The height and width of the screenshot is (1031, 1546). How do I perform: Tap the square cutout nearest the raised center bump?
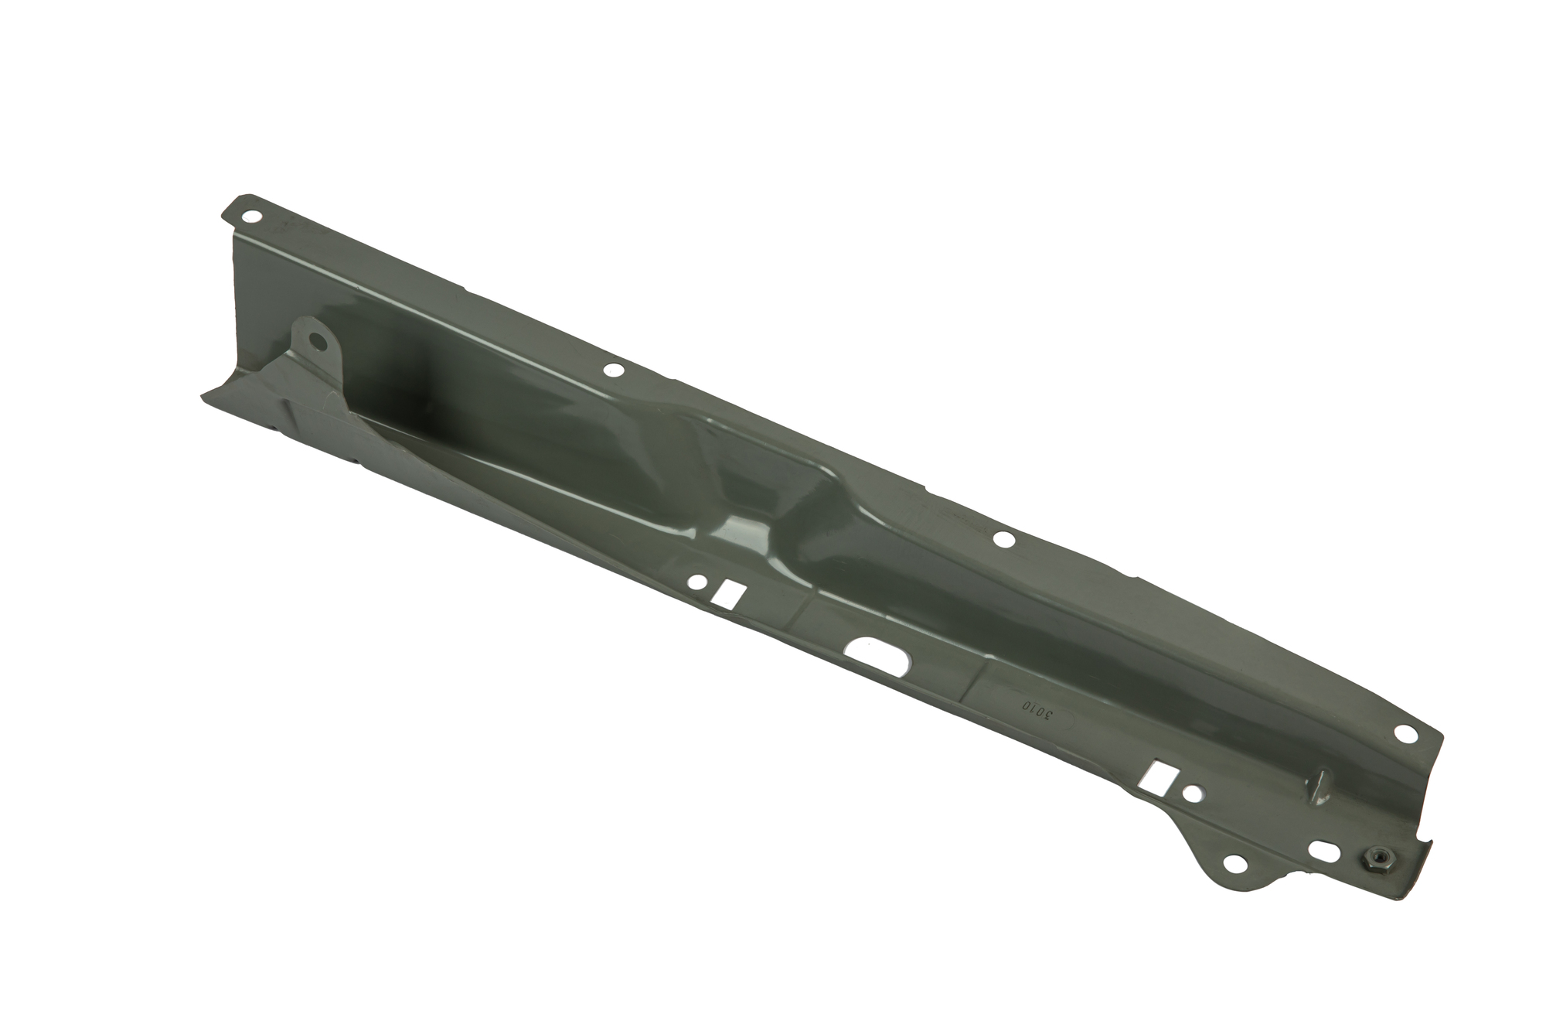tap(728, 593)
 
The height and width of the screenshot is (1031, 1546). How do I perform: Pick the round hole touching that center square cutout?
tap(700, 580)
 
